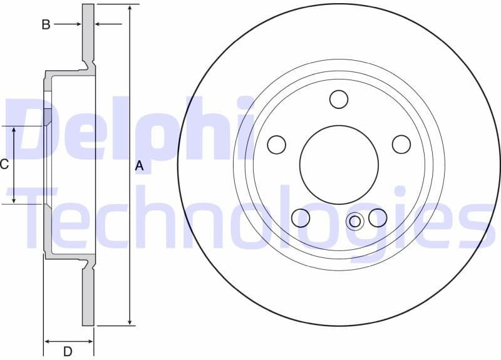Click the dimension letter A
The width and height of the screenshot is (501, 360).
(140, 166)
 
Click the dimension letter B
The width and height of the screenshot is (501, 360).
(46, 24)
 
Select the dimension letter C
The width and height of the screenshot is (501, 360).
(4, 165)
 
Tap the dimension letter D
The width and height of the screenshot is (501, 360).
(68, 351)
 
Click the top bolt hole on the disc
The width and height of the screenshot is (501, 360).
(339, 99)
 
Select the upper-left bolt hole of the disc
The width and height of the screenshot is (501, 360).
(276, 145)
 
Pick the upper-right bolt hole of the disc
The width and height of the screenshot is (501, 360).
(401, 145)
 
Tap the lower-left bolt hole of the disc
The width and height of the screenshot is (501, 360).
(301, 217)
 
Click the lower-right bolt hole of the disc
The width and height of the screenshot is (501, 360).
(378, 217)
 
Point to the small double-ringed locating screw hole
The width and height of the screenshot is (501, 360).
(355, 220)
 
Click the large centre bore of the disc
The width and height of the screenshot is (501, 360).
(339, 164)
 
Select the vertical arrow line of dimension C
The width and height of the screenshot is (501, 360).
(14, 165)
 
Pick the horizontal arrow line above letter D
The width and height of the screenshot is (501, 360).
(68, 341)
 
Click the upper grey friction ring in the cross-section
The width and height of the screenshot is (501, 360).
(88, 31)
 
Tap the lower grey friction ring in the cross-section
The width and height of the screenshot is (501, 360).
(88, 297)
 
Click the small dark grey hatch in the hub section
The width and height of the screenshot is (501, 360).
(46, 116)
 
